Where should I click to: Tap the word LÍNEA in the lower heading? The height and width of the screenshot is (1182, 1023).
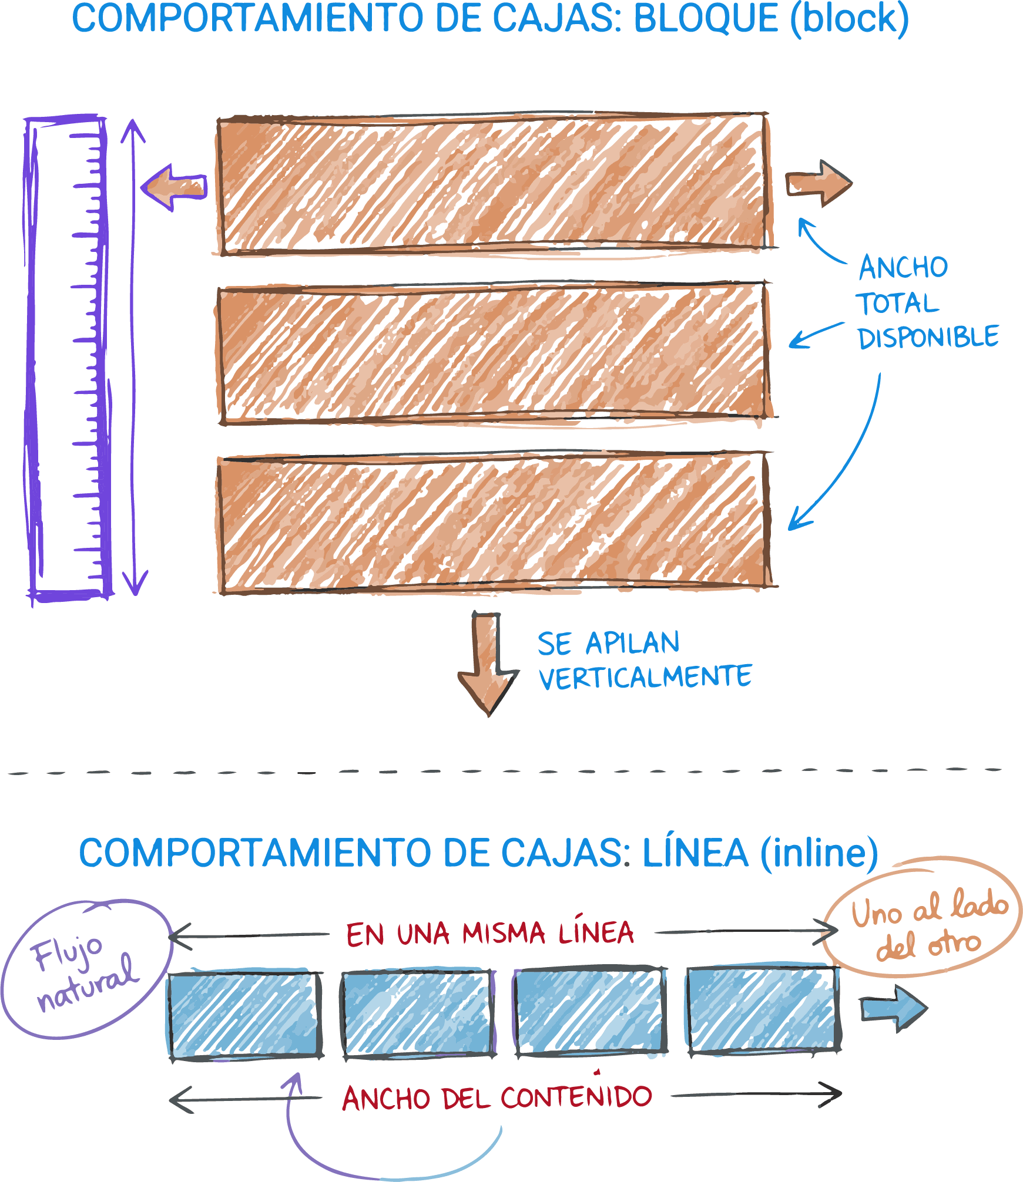tap(695, 854)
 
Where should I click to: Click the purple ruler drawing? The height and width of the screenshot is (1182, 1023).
tap(68, 358)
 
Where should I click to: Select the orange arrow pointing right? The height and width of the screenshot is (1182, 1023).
tap(819, 184)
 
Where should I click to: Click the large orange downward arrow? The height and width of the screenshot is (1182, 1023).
tap(488, 664)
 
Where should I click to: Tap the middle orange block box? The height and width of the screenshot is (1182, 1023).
tap(494, 352)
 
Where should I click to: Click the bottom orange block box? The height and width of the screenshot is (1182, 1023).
tap(494, 523)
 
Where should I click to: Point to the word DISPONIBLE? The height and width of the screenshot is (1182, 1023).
tap(928, 338)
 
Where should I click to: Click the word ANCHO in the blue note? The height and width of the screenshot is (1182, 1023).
tap(903, 268)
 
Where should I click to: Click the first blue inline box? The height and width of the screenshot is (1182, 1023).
tap(244, 1015)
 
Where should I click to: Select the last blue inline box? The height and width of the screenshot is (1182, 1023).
tap(763, 1010)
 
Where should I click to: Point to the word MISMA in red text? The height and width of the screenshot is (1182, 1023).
tap(504, 934)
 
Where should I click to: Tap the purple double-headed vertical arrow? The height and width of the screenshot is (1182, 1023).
tap(135, 358)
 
